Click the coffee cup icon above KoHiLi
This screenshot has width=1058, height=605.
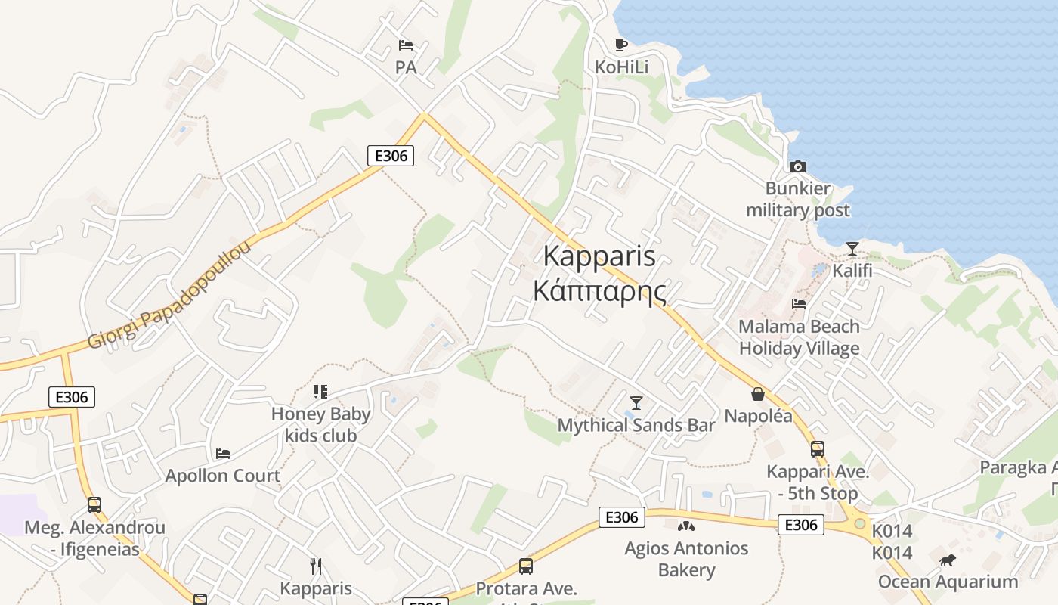(x=620, y=45)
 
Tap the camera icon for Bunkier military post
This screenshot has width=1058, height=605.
(x=797, y=166)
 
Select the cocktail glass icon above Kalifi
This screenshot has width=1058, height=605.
(x=852, y=249)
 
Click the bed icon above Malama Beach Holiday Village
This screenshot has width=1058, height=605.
(x=799, y=304)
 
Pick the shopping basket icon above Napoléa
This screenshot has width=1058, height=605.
(x=758, y=394)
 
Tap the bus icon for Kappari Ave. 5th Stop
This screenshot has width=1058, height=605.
(x=817, y=449)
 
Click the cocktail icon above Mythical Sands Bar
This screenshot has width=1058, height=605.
(x=636, y=402)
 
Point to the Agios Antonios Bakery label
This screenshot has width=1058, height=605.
(x=686, y=559)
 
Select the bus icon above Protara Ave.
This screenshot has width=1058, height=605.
(x=525, y=566)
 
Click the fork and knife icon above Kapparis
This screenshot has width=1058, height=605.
(x=316, y=566)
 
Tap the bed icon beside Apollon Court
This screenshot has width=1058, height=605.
(x=222, y=454)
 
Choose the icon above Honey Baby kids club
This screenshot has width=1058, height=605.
(x=320, y=392)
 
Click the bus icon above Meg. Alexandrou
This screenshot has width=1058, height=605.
(x=94, y=504)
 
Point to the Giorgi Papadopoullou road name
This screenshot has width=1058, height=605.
(x=169, y=296)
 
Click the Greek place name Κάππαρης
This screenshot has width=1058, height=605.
(x=599, y=291)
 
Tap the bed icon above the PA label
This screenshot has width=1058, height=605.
(x=406, y=45)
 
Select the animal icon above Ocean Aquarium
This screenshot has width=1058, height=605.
(x=947, y=560)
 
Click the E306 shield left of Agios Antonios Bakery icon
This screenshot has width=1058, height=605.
(x=622, y=517)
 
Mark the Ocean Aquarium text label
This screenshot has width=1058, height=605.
(x=948, y=582)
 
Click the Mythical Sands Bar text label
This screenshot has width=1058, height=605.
(x=636, y=425)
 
